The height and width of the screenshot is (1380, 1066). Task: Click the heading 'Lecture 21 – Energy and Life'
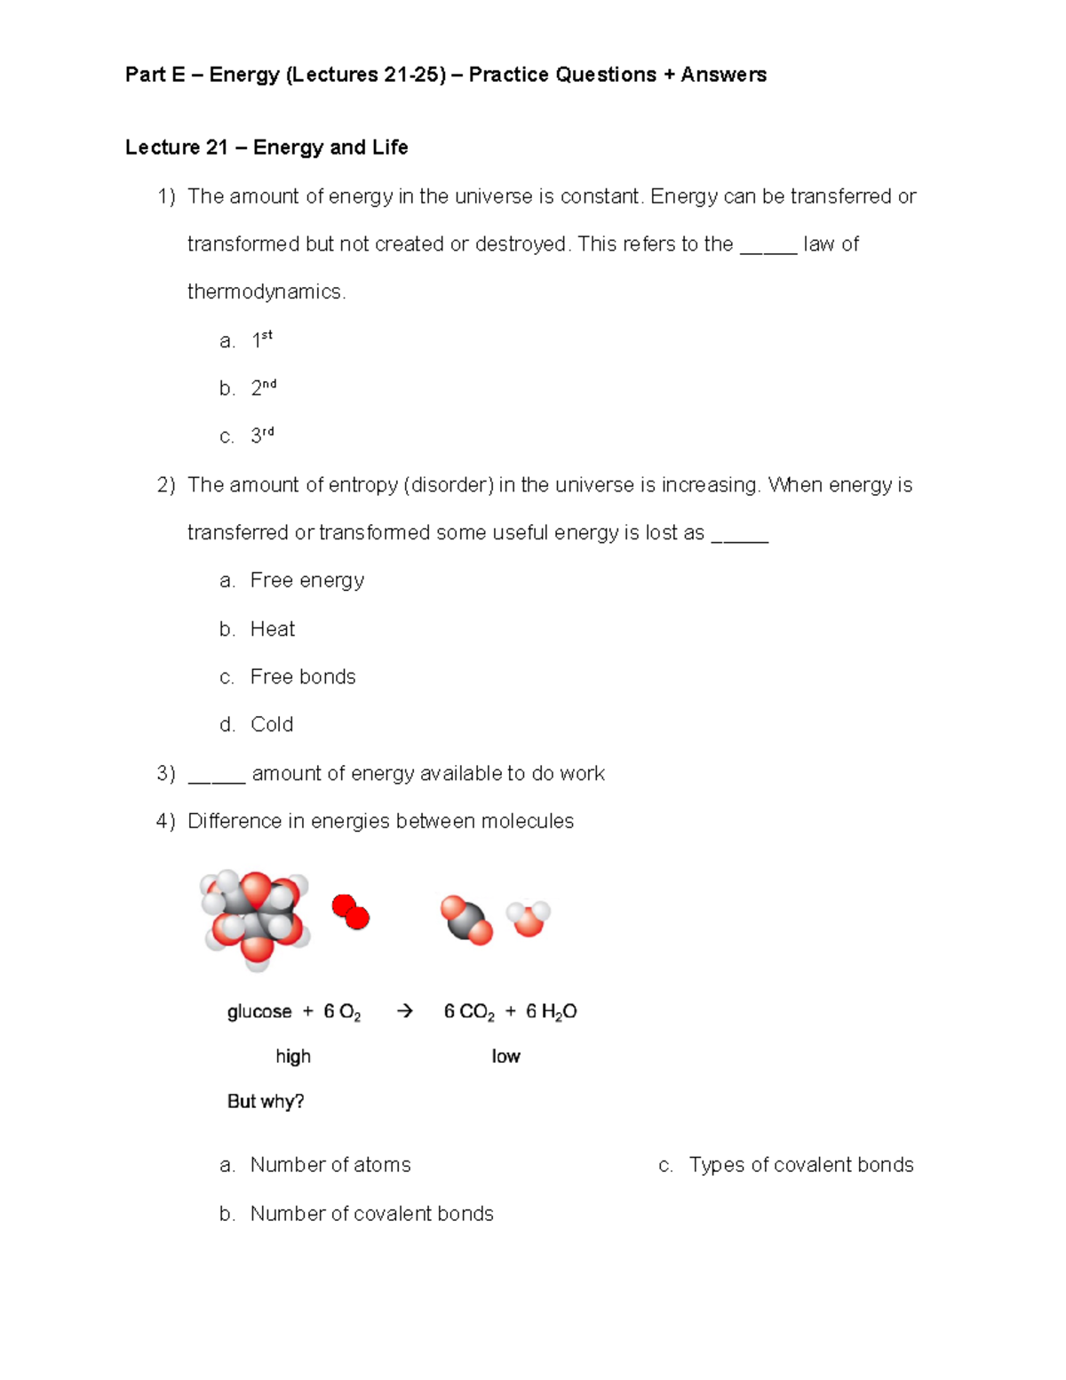coord(266,148)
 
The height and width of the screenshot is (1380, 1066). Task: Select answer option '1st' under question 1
coord(262,339)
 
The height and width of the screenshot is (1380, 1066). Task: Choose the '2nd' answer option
coord(264,387)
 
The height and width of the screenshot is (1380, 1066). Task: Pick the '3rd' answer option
coord(262,435)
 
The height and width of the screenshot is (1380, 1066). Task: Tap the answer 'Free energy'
coord(307,580)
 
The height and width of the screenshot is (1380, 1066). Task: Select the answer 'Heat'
coord(273,629)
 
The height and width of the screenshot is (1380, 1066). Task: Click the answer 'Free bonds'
coord(303,677)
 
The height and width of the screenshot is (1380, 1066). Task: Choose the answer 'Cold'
coord(272,725)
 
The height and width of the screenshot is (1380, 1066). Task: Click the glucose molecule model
coord(255,916)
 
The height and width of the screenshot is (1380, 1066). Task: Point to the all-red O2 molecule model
coord(351,913)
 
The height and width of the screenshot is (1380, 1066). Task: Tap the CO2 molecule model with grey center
coord(466,921)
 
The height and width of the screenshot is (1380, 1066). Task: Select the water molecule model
coord(529,919)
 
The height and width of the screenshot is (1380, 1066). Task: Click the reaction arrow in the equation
coord(404,1011)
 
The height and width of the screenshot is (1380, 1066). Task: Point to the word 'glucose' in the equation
coord(259,1012)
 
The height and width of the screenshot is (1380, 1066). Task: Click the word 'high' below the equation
coord(293,1057)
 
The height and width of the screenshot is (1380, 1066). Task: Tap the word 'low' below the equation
coord(505,1057)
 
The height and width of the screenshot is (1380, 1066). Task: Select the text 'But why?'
coord(266,1102)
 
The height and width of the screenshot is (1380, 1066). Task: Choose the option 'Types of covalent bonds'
coord(801,1165)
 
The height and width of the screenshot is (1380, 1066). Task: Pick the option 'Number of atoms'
coord(330,1165)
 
